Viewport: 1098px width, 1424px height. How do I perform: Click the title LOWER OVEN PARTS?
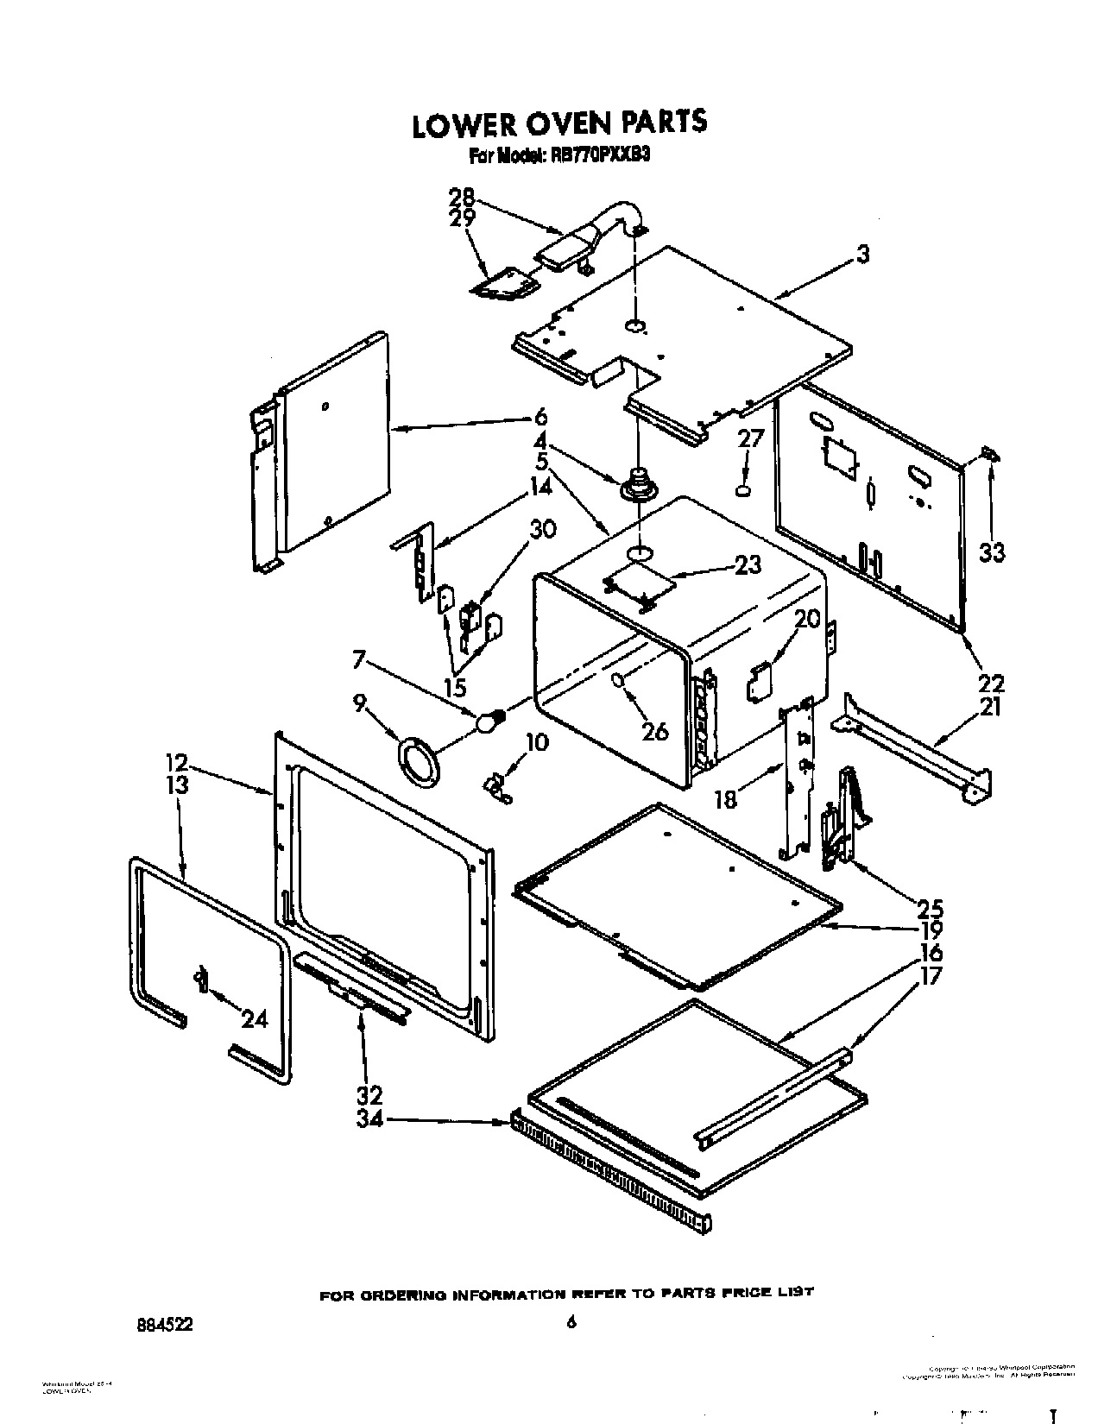pyautogui.click(x=559, y=123)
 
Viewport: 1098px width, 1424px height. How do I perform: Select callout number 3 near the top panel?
pyautogui.click(x=862, y=255)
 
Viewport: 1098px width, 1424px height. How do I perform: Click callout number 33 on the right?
pyautogui.click(x=991, y=551)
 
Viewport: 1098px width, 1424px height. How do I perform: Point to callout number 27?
pyautogui.click(x=751, y=438)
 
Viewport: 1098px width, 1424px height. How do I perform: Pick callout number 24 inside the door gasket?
pyautogui.click(x=254, y=1019)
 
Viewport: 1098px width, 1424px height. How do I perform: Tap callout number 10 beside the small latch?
pyautogui.click(x=536, y=742)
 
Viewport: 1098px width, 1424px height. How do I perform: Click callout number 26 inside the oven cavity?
pyautogui.click(x=655, y=730)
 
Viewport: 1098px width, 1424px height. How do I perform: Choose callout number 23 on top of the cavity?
pyautogui.click(x=748, y=564)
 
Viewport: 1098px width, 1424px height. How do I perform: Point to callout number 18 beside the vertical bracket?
pyautogui.click(x=726, y=799)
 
